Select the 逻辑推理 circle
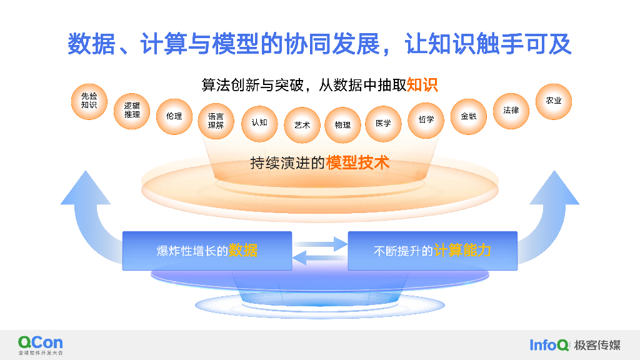click(132, 111)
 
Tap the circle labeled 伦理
click(174, 116)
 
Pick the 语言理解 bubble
click(216, 121)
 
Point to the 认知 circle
click(259, 122)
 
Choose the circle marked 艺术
click(302, 125)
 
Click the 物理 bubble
click(342, 125)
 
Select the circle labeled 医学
click(383, 123)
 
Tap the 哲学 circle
click(426, 119)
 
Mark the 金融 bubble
click(468, 116)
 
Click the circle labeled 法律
click(511, 111)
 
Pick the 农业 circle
click(554, 101)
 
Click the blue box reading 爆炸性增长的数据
click(207, 251)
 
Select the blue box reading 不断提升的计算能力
click(432, 251)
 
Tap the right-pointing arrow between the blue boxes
click(320, 243)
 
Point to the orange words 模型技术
click(357, 163)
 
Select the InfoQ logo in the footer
click(549, 345)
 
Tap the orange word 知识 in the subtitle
click(422, 85)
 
